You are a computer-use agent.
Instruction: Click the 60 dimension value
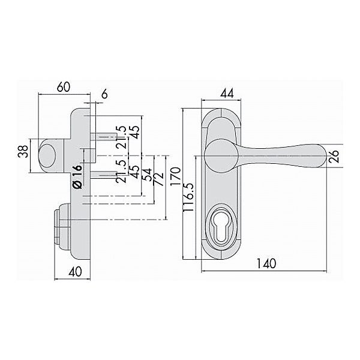[x=63, y=86]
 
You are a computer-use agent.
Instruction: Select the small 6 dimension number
[x=104, y=94]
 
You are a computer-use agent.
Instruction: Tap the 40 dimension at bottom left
[x=75, y=271]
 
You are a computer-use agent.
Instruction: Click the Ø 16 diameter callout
[x=77, y=178]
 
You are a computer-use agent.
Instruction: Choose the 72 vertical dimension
[x=159, y=178]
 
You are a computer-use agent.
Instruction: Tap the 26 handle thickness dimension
[x=335, y=157]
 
